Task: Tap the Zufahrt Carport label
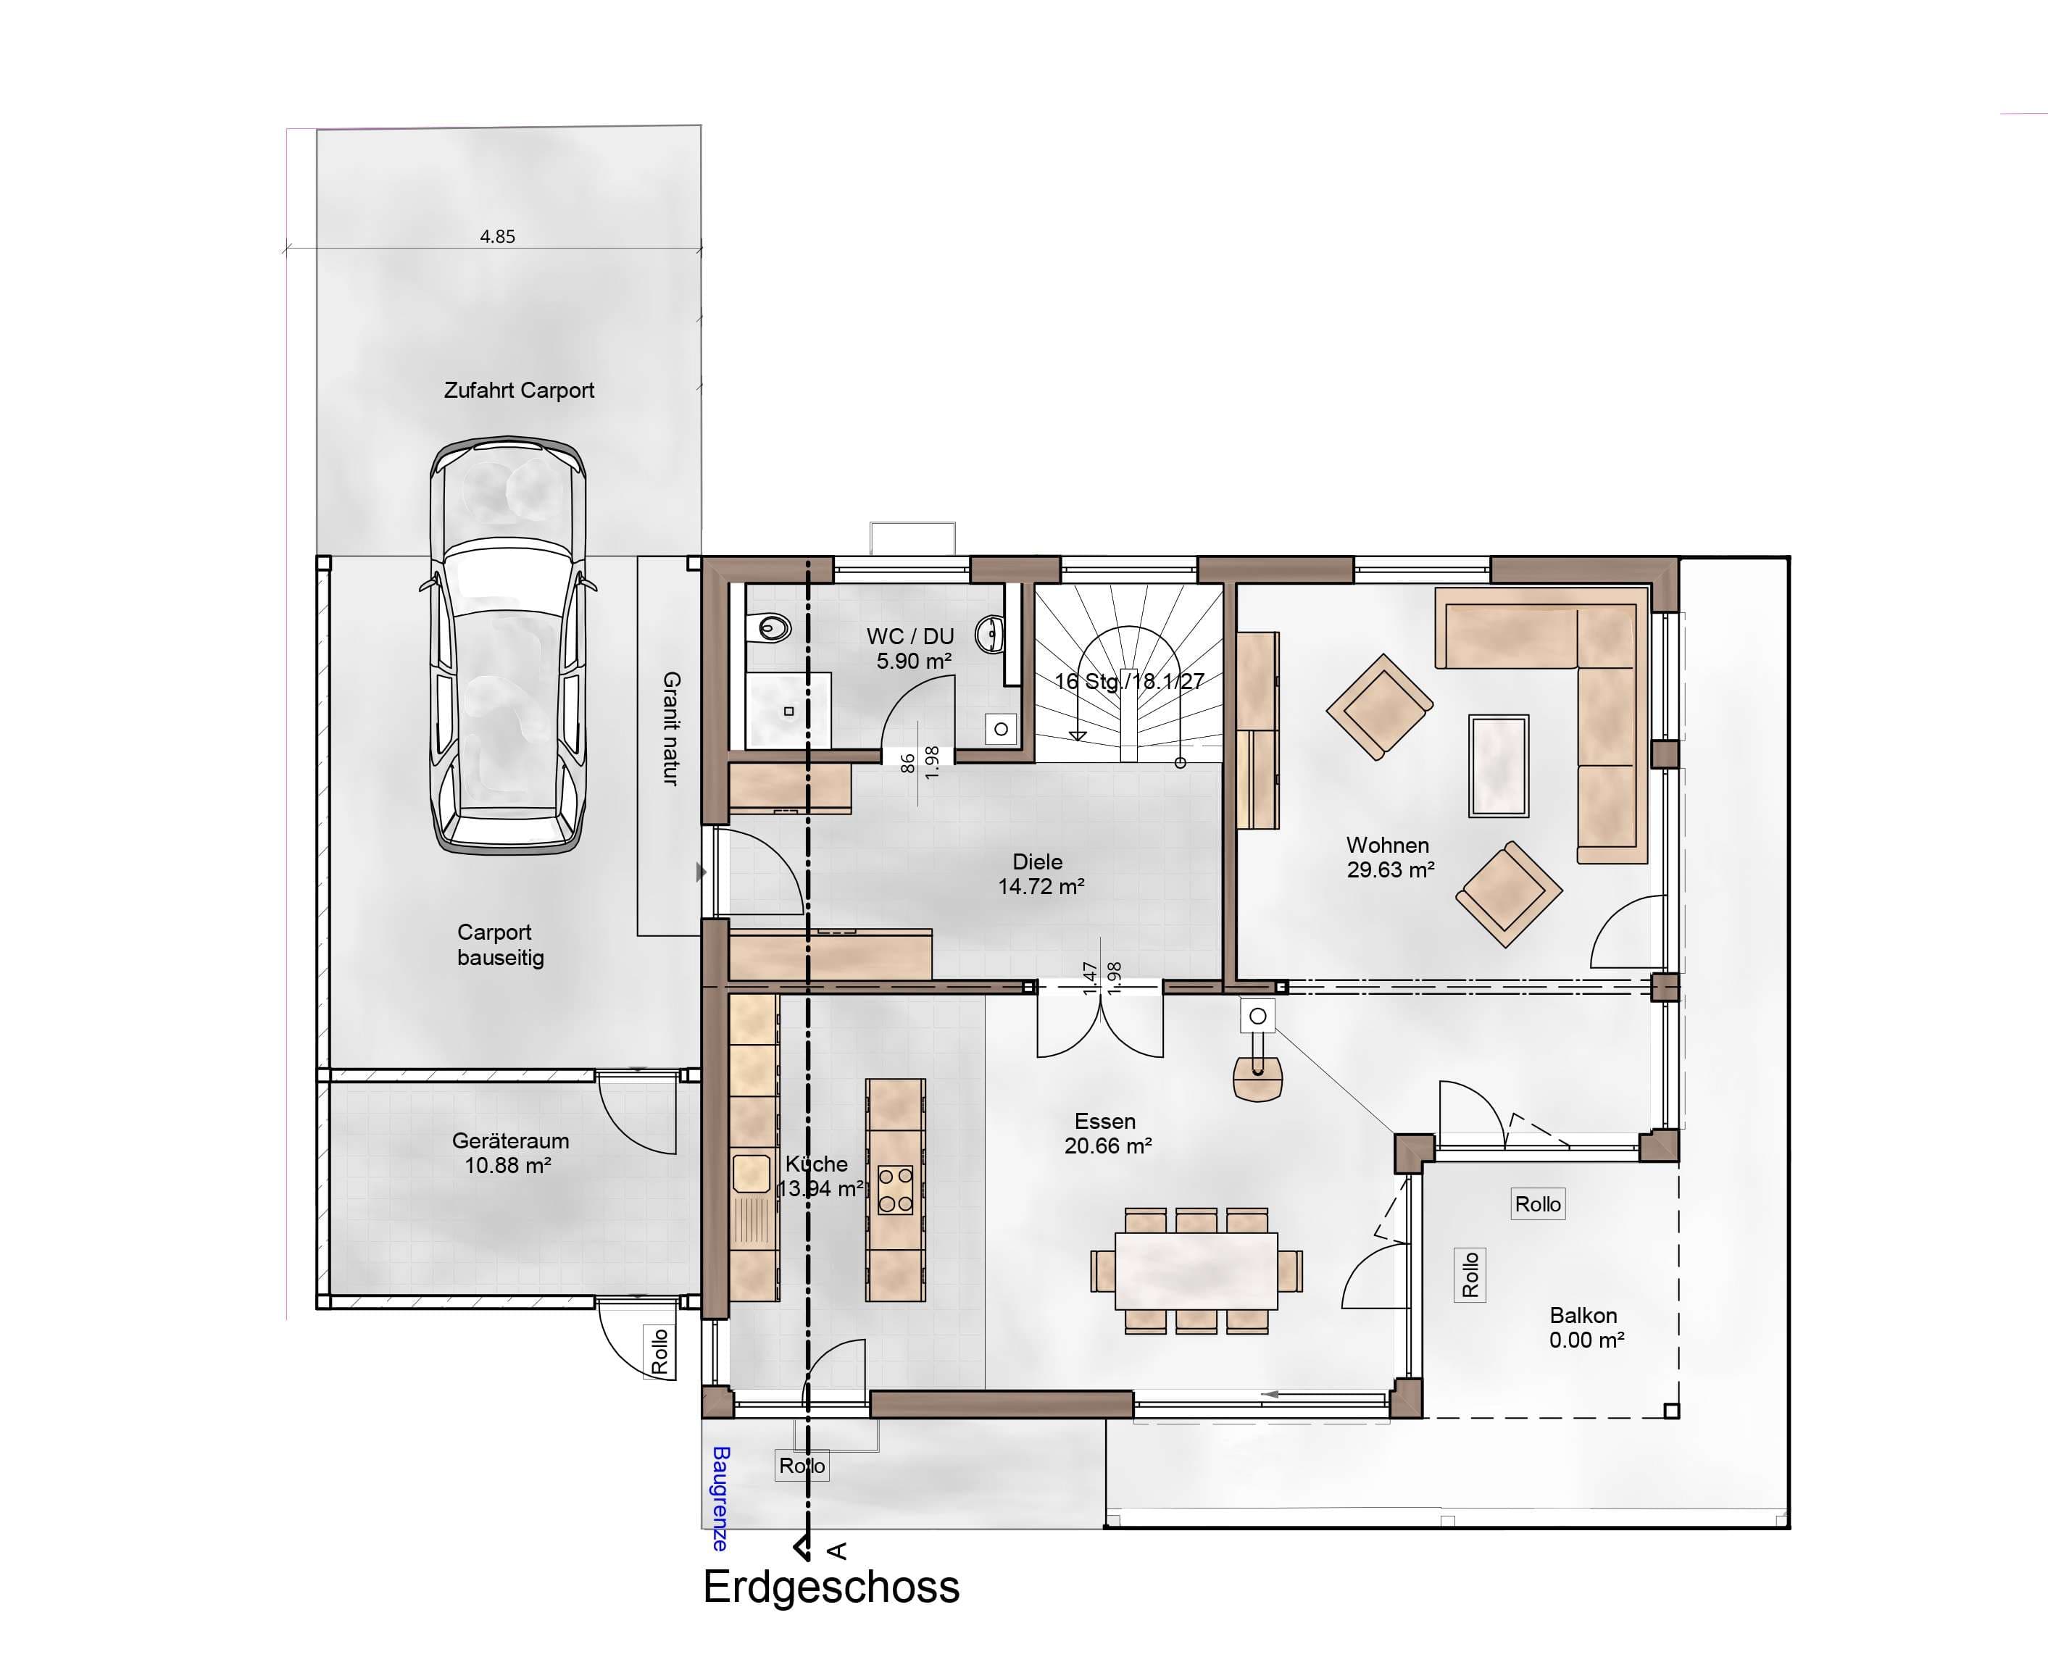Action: [519, 391]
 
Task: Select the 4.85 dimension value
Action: [498, 236]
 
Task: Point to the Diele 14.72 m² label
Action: [1041, 874]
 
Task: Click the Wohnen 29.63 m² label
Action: [1390, 857]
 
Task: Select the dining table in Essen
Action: [1196, 1271]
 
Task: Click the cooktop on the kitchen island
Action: [895, 1190]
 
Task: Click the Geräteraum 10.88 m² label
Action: [509, 1153]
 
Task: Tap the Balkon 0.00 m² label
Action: [1586, 1327]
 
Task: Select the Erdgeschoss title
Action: [831, 1587]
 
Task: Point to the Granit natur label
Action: [670, 729]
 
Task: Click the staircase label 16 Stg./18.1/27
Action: [1129, 682]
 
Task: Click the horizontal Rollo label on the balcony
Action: [1538, 1203]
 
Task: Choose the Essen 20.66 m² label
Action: [1107, 1132]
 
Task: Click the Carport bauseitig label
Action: [499, 945]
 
